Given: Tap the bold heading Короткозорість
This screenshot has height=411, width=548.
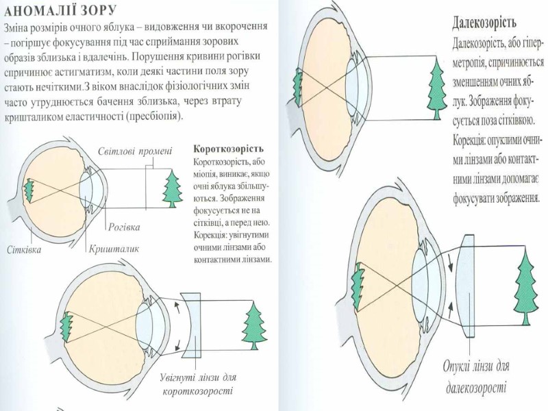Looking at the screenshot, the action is pyautogui.click(x=229, y=148).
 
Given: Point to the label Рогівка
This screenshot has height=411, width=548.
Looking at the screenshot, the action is pyautogui.click(x=124, y=226).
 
